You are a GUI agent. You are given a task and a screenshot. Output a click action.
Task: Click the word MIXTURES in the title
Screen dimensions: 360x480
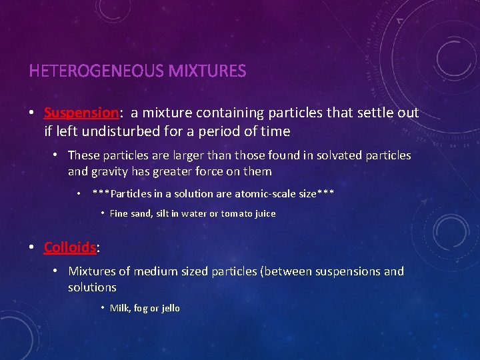coord(207,71)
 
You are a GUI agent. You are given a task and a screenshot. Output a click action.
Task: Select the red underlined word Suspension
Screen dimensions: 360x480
coord(81,113)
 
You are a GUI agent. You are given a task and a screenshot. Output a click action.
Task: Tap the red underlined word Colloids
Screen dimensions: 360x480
coord(70,247)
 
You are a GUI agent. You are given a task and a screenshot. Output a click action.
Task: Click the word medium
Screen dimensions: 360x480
coord(153,271)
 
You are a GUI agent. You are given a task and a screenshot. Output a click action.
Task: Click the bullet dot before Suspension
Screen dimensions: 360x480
coord(32,113)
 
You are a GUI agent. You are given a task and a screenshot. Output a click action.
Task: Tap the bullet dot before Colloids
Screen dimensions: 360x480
coord(32,247)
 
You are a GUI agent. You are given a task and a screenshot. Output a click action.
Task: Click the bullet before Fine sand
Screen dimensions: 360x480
coord(103,213)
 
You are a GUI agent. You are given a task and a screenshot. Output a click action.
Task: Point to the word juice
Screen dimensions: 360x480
coord(264,214)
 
